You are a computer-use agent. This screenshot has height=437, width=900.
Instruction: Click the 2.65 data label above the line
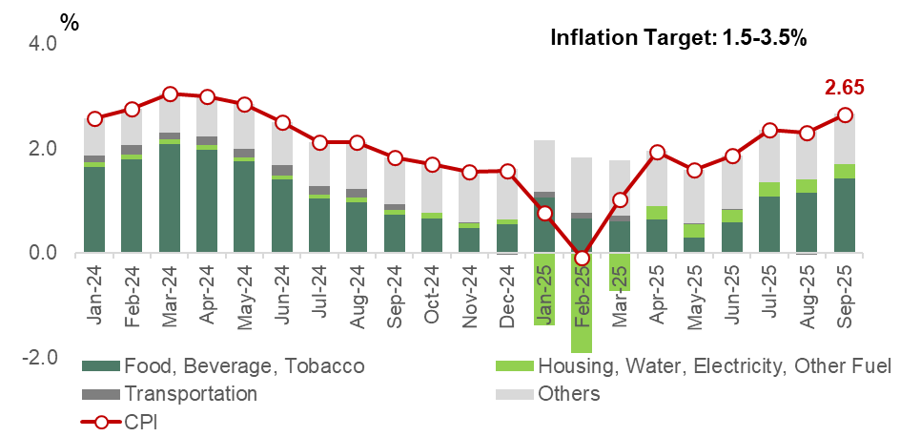[x=844, y=88]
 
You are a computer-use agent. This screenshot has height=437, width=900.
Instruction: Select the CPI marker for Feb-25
[x=583, y=259]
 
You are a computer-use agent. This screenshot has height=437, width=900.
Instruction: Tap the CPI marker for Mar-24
[x=170, y=94]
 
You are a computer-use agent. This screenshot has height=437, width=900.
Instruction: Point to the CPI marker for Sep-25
[x=845, y=115]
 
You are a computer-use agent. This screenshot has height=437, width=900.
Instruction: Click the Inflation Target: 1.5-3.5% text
[x=680, y=38]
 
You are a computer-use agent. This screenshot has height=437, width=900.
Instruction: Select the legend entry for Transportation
[x=191, y=393]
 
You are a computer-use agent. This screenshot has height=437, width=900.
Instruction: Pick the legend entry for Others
[x=568, y=393]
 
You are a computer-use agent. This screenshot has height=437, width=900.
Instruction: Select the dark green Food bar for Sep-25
[x=845, y=216]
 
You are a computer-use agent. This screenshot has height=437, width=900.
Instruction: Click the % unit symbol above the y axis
[x=70, y=21]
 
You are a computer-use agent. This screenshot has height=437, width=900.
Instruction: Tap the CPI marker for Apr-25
[x=658, y=153]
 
